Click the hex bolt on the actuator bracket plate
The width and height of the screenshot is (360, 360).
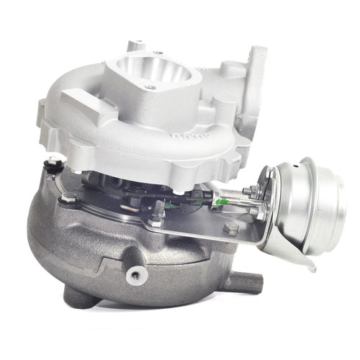pos(231,229)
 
